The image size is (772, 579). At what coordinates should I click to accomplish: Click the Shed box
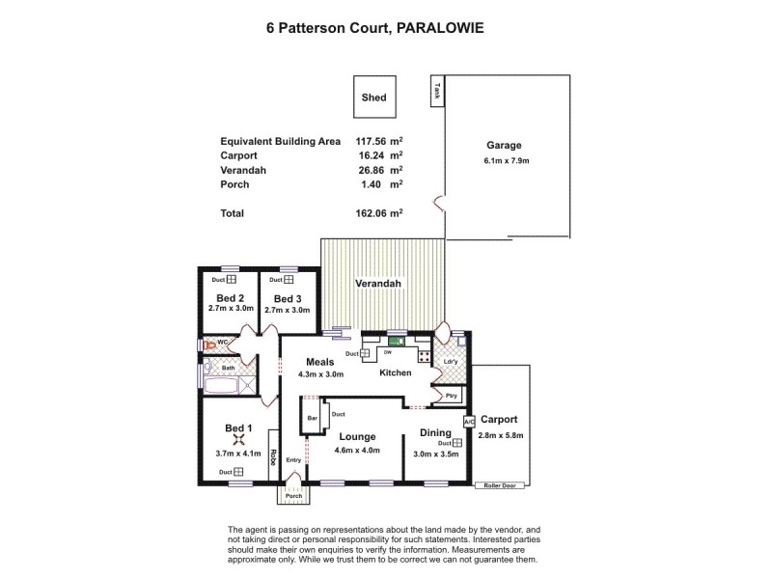click(x=373, y=96)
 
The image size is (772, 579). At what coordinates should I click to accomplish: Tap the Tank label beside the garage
click(x=436, y=92)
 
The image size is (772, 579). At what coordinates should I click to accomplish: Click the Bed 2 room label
click(x=229, y=297)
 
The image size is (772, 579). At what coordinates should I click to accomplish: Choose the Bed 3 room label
click(x=286, y=297)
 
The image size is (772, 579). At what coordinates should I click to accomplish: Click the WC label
click(x=221, y=342)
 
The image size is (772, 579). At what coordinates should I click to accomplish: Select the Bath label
click(x=229, y=368)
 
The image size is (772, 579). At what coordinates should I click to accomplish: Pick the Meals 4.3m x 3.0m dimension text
click(x=321, y=374)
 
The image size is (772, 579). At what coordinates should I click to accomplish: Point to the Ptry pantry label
click(x=451, y=396)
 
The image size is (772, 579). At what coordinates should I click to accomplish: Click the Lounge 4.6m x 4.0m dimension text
click(x=357, y=450)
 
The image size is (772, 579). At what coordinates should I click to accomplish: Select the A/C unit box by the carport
click(x=469, y=422)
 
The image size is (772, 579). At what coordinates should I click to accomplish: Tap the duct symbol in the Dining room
click(x=443, y=443)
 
